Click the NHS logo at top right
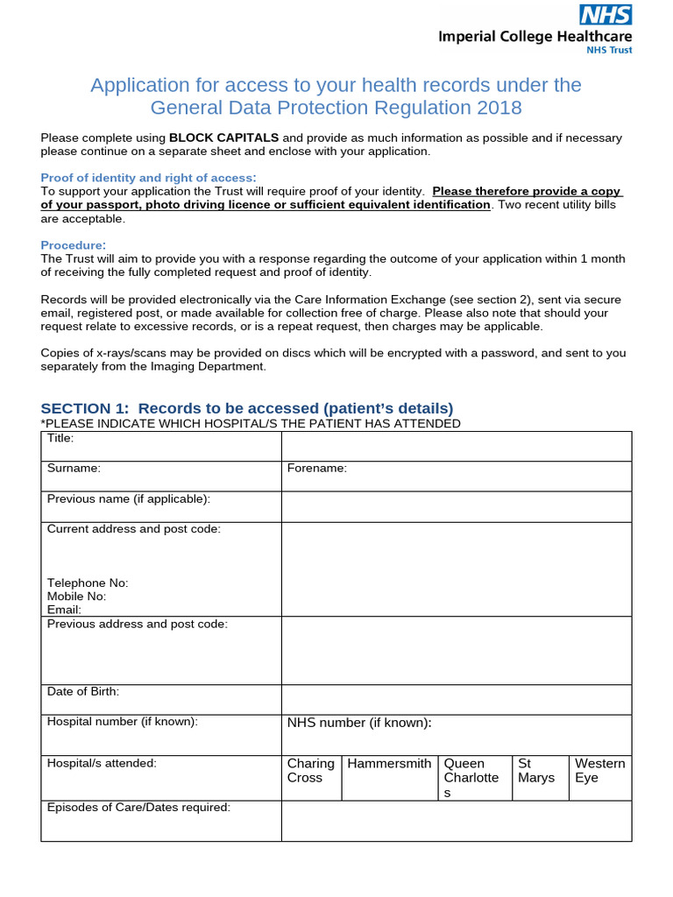click(605, 14)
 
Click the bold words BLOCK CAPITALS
click(223, 138)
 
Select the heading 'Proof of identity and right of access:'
click(149, 178)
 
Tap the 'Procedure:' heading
click(74, 244)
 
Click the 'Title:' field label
click(60, 438)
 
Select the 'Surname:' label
click(74, 469)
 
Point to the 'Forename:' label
click(317, 469)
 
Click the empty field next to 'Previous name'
click(456, 506)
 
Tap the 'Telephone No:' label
click(88, 583)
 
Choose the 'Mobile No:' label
click(76, 597)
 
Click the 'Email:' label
click(64, 610)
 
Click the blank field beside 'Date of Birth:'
click(456, 699)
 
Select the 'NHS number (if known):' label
click(360, 723)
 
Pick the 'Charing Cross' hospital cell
click(311, 771)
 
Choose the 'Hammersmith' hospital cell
click(389, 764)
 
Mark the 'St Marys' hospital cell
click(536, 771)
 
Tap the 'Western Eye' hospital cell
click(600, 771)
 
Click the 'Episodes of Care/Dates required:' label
click(138, 808)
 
